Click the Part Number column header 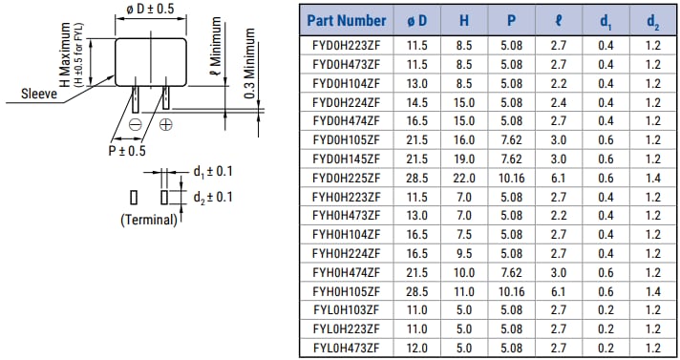(x=347, y=20)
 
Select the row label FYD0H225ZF (x=346, y=178)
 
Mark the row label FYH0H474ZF (x=346, y=271)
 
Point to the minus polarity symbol (x=136, y=125)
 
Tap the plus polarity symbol (x=165, y=125)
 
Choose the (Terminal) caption (x=149, y=220)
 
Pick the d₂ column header (x=652, y=20)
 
